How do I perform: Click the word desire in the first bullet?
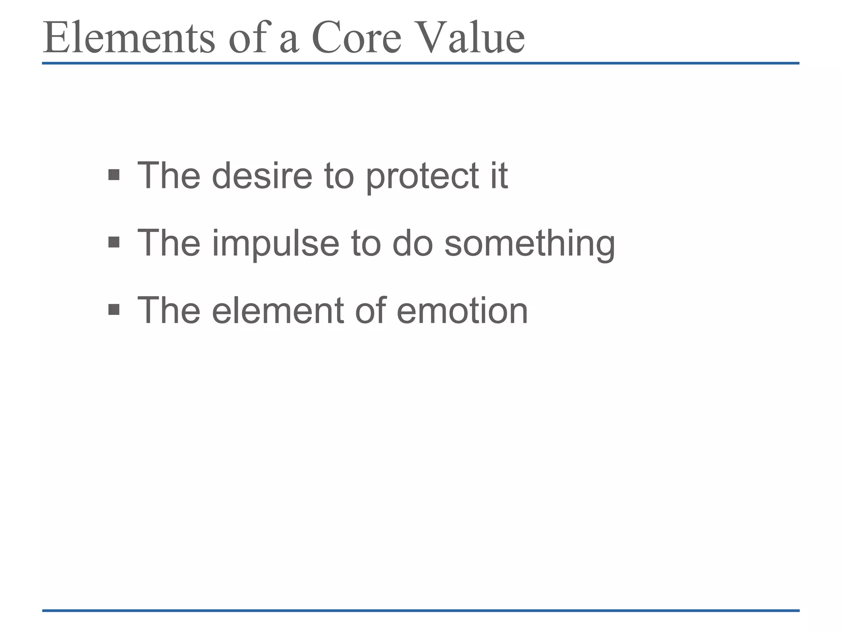[262, 176]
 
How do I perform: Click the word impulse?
[275, 244]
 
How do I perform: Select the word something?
[530, 244]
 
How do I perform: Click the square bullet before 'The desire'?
[114, 175]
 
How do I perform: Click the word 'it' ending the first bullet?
[499, 176]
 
